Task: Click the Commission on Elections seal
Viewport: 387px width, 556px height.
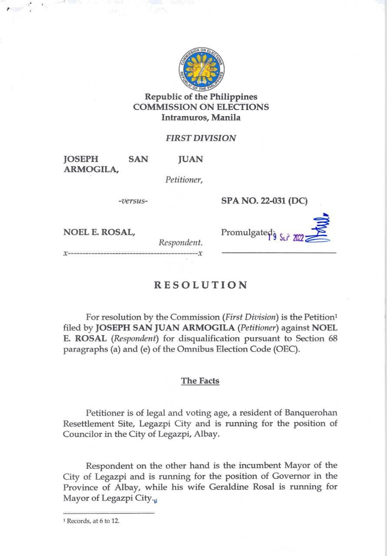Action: (x=201, y=68)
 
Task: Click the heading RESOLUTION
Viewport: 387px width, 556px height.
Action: (x=201, y=285)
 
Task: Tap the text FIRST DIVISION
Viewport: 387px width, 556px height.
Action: (x=201, y=139)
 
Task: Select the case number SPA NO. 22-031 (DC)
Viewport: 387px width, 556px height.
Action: (x=264, y=201)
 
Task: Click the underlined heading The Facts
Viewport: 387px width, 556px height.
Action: (x=200, y=381)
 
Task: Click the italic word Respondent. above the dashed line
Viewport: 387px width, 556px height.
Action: (x=180, y=242)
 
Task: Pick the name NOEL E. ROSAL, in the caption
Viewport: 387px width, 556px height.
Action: (x=99, y=232)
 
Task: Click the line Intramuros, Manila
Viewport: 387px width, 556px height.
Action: (x=201, y=117)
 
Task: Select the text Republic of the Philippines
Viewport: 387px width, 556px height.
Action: (x=201, y=97)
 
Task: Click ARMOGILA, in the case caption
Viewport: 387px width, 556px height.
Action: (x=91, y=169)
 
